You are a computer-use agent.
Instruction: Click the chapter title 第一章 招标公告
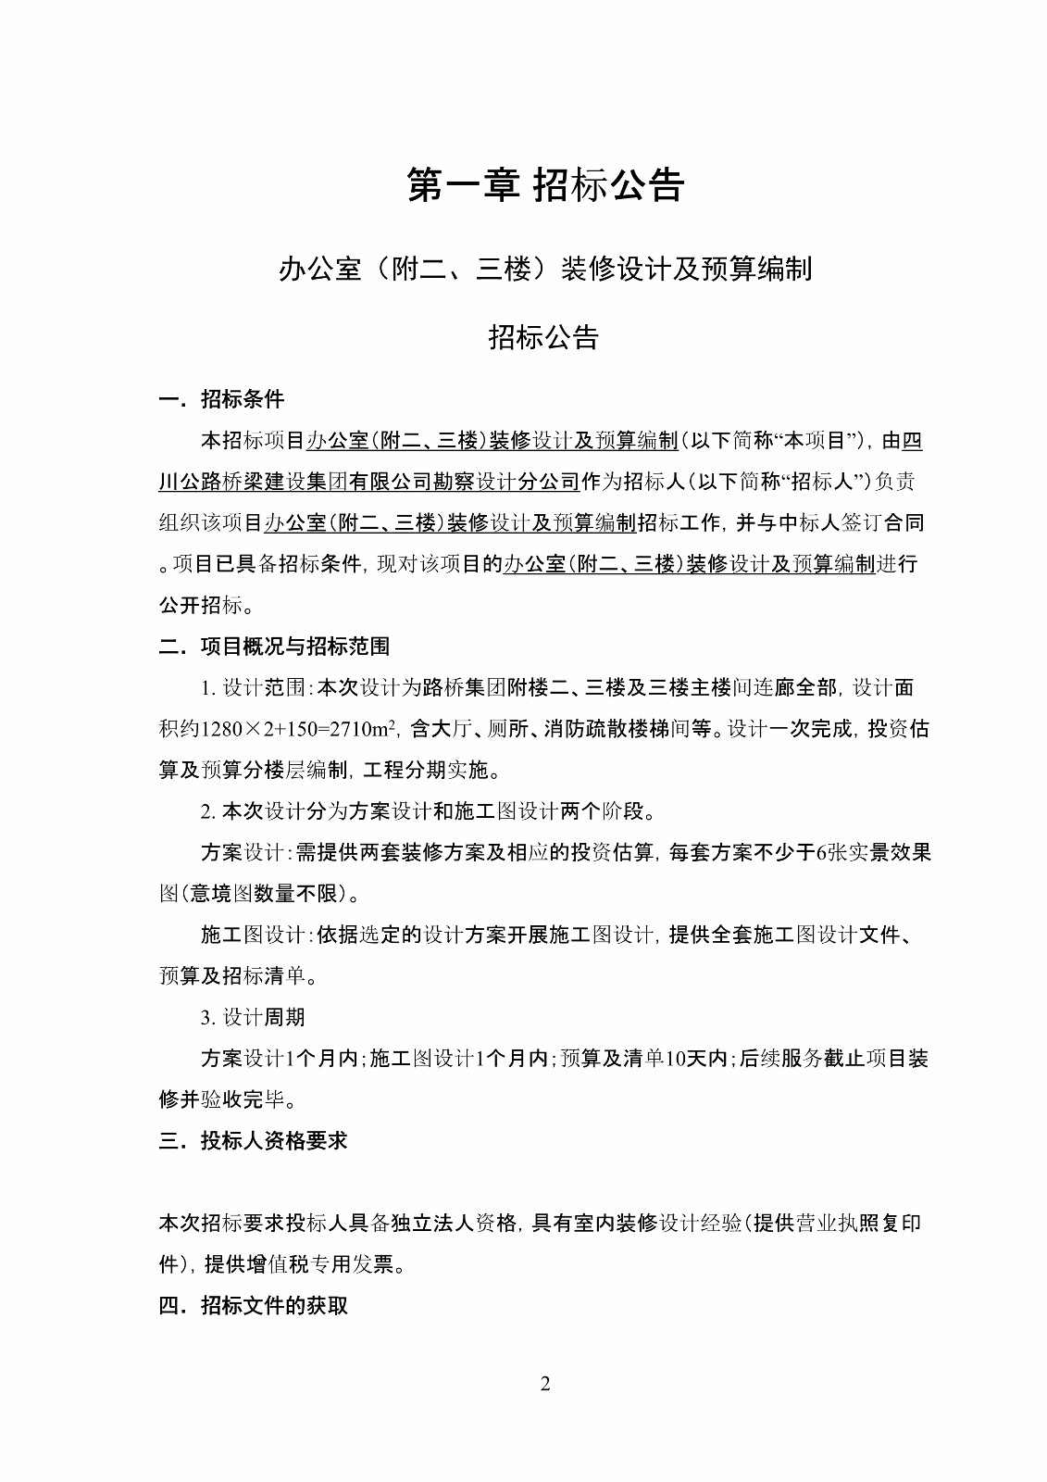click(545, 185)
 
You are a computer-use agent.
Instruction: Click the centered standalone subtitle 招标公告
click(544, 337)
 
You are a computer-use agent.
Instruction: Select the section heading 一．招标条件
click(222, 399)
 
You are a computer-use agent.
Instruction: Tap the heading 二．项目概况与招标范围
click(275, 646)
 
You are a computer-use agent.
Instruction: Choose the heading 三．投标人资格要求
click(254, 1140)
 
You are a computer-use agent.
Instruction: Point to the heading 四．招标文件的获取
click(254, 1305)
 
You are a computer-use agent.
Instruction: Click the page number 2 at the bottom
click(544, 1384)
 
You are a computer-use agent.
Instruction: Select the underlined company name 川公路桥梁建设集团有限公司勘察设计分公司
click(369, 482)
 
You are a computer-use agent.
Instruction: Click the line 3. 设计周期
click(253, 1017)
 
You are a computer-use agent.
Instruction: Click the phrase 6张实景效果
click(873, 852)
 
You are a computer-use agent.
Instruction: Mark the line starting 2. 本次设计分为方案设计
click(428, 811)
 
